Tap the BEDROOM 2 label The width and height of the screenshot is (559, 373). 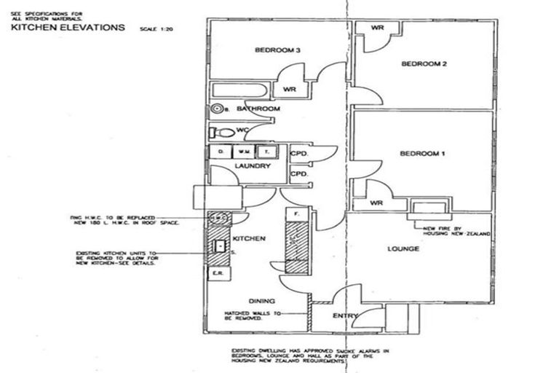[x=424, y=64]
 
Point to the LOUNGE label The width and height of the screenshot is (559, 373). [x=403, y=249]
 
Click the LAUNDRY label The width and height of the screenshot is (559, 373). [x=253, y=166]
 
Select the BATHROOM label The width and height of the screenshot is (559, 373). [x=258, y=109]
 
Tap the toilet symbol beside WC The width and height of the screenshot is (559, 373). [x=223, y=133]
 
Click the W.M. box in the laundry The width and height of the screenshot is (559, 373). [x=242, y=152]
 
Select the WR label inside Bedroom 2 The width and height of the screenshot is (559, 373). [x=378, y=28]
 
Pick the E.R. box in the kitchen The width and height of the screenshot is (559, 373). [x=216, y=273]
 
